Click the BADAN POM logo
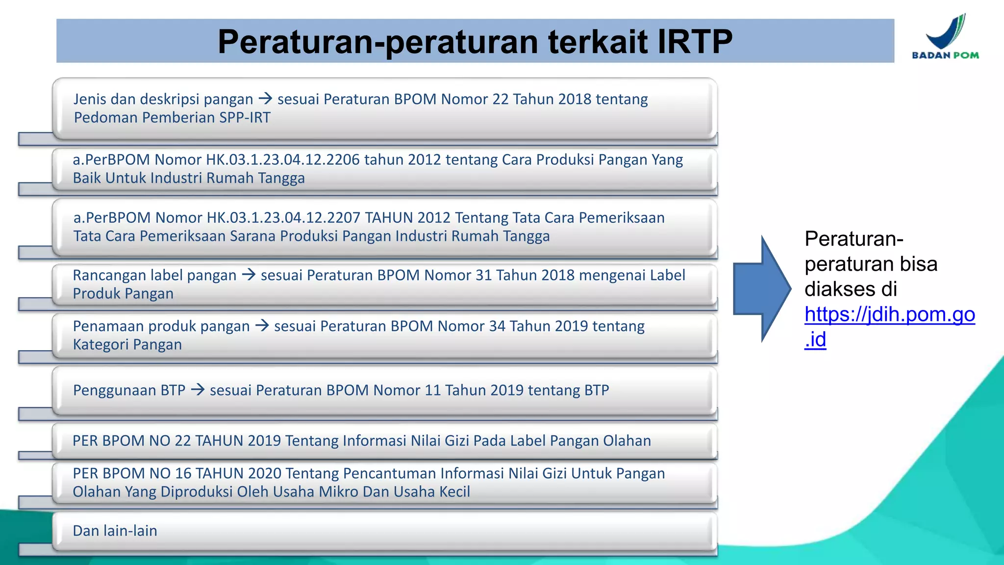tap(945, 37)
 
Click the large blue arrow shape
tap(761, 289)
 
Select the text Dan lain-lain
tap(115, 531)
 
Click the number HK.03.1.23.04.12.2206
tap(282, 160)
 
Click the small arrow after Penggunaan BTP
tap(198, 390)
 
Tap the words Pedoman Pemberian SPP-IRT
tap(172, 118)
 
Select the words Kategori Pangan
tap(127, 345)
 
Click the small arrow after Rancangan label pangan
tap(249, 275)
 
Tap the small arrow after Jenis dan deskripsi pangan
tap(265, 99)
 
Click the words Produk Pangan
tap(123, 294)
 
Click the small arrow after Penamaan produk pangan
tap(262, 326)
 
